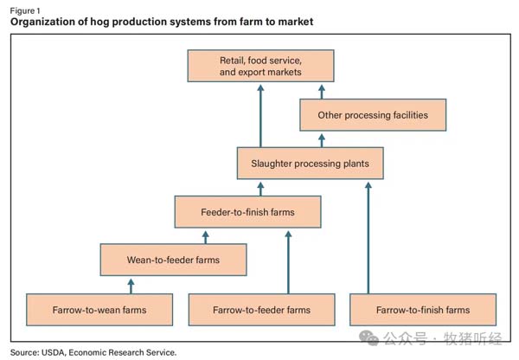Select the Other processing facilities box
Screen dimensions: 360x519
(372, 115)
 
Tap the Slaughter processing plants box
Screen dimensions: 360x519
(310, 163)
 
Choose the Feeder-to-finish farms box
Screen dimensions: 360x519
(247, 211)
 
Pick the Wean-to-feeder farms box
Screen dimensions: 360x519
(173, 260)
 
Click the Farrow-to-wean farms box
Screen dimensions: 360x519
(99, 309)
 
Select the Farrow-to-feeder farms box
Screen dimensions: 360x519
(261, 309)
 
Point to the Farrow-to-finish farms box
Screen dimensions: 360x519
(423, 309)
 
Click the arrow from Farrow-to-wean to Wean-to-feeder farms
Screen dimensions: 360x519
(130, 285)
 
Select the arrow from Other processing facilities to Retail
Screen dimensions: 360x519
(322, 91)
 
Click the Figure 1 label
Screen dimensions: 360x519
(27, 10)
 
